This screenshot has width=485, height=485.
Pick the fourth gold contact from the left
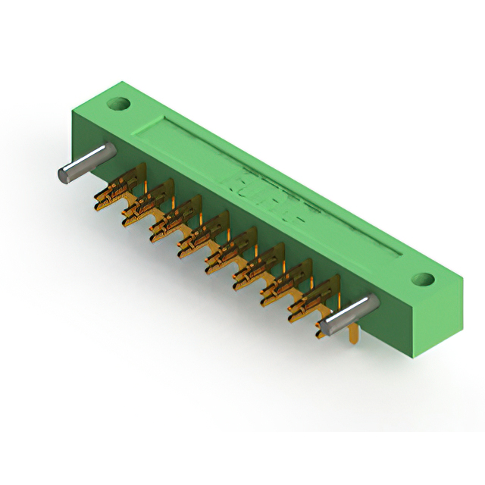(x=200, y=236)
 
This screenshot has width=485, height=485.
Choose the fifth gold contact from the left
(x=227, y=252)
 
